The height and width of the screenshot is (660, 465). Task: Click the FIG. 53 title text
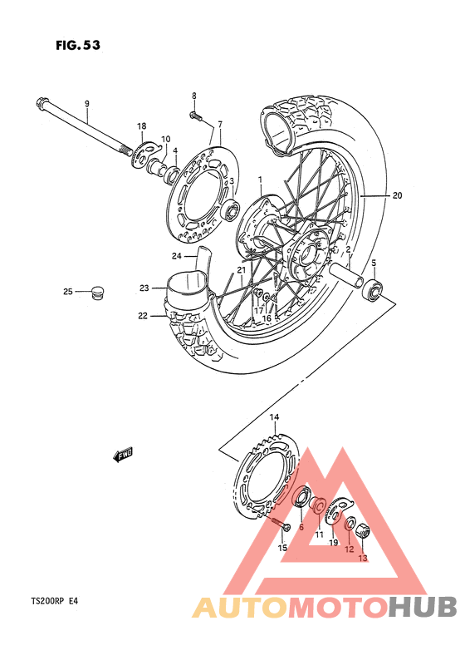pyautogui.click(x=78, y=46)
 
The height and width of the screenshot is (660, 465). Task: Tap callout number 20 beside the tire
pyautogui.click(x=397, y=196)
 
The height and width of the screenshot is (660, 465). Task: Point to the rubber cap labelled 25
pyautogui.click(x=98, y=291)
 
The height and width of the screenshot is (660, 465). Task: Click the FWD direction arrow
pyautogui.click(x=125, y=454)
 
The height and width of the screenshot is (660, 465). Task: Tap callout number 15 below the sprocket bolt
pyautogui.click(x=282, y=548)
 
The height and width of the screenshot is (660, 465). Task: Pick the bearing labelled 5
pyautogui.click(x=374, y=289)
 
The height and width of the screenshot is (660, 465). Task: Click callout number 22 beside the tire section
pyautogui.click(x=143, y=316)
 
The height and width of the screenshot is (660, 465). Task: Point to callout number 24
pyautogui.click(x=177, y=255)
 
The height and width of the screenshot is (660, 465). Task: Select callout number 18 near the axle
pyautogui.click(x=141, y=125)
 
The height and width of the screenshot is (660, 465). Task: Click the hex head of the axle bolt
pyautogui.click(x=41, y=104)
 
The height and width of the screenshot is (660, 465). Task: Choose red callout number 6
pyautogui.click(x=301, y=527)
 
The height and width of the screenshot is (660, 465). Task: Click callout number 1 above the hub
pyautogui.click(x=259, y=179)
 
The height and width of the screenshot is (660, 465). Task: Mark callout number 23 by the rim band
pyautogui.click(x=144, y=288)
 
